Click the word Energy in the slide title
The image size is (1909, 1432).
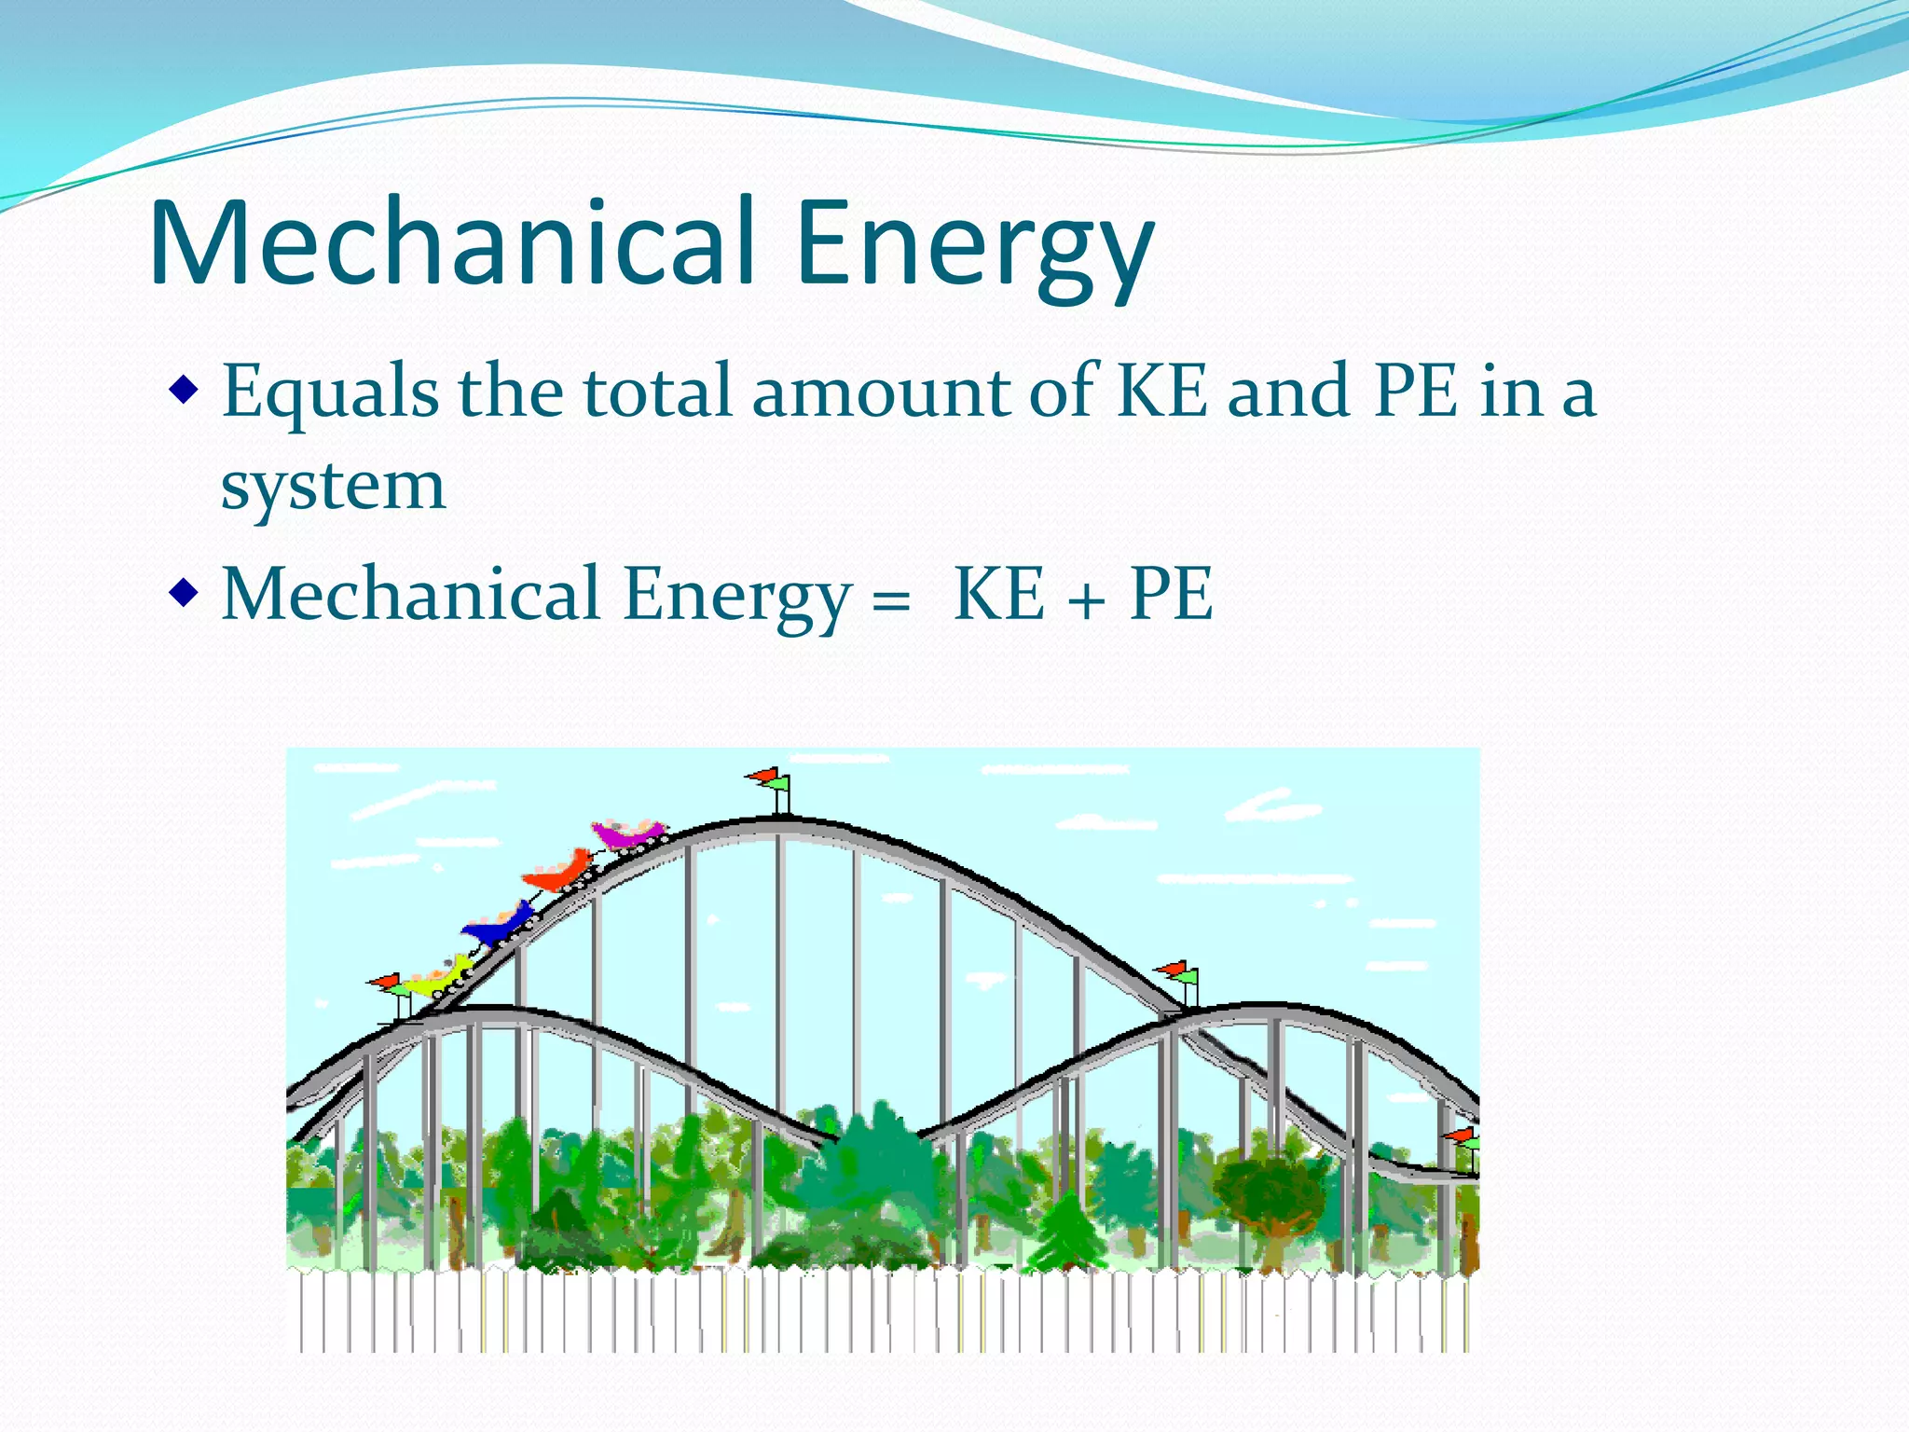[975, 247]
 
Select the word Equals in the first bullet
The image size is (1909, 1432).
[331, 392]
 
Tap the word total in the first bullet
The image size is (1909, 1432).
[657, 391]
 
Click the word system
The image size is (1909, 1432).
[334, 488]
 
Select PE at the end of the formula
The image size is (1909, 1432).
[1171, 594]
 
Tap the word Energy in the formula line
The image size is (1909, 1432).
[737, 597]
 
